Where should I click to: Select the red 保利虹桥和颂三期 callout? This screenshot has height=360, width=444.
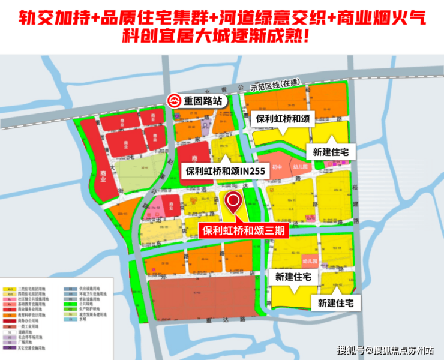[242, 230]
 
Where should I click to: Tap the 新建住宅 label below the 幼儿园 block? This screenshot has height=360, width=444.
[293, 277]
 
